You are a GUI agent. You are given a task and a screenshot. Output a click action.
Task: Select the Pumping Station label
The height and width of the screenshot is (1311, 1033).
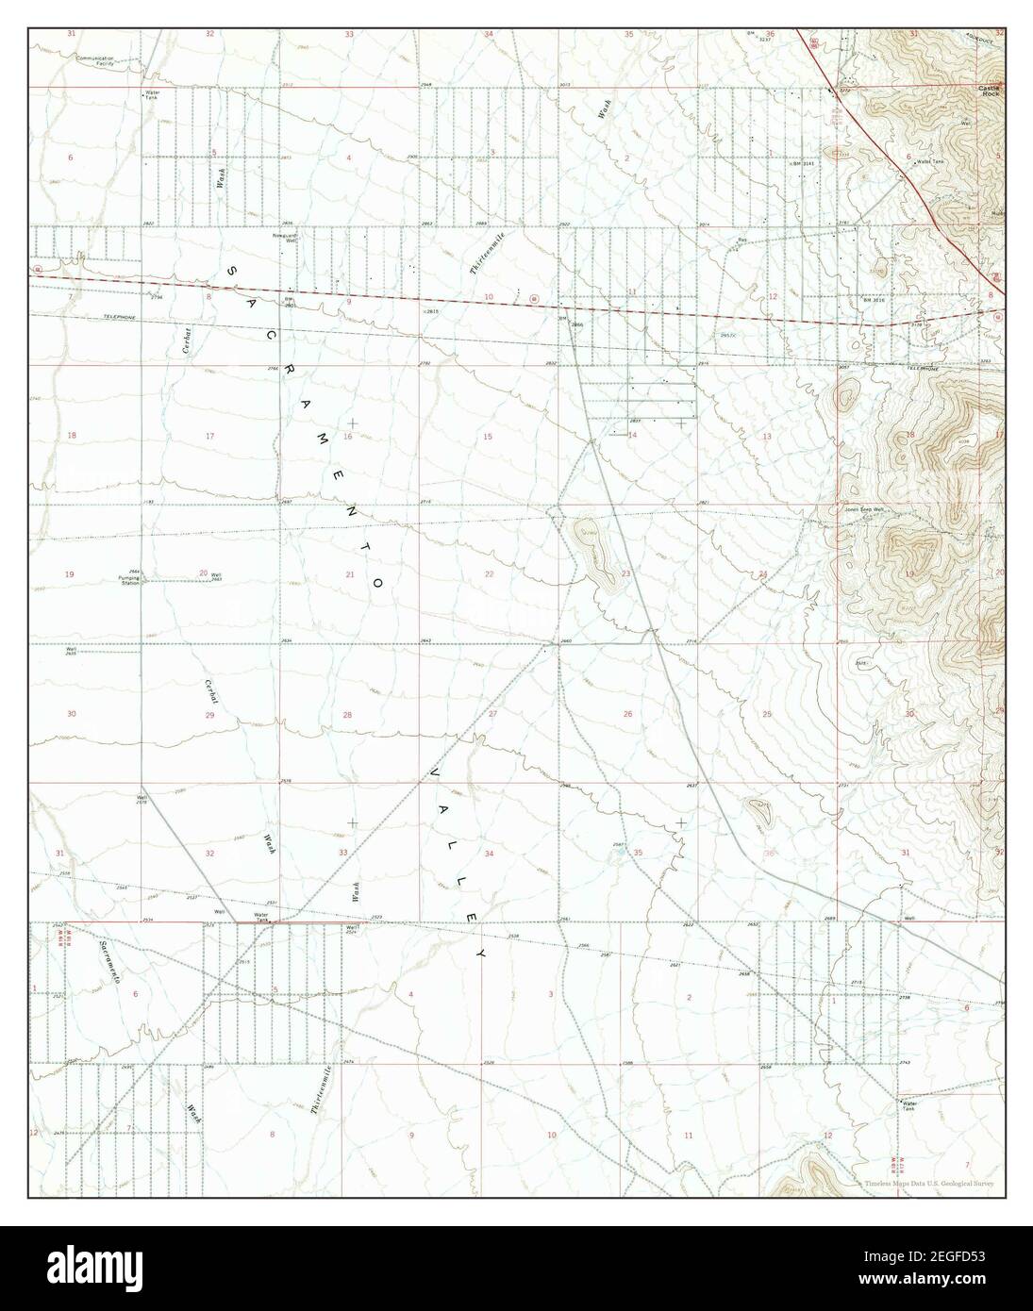pos(128,579)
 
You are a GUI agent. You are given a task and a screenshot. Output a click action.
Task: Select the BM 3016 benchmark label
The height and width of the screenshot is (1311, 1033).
pos(875,300)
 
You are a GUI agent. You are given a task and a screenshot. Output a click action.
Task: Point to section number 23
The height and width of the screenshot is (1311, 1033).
pos(625,573)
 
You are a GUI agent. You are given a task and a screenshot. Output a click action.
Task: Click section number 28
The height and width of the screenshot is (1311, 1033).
pos(347,716)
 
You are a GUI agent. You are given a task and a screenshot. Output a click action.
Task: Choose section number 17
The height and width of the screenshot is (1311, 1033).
pos(209,436)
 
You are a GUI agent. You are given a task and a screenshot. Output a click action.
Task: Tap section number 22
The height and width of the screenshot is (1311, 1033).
pos(489,573)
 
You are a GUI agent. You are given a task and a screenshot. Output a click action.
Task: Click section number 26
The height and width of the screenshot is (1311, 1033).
pos(627,714)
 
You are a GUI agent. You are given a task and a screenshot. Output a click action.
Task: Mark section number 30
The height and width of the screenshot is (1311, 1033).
pos(72,714)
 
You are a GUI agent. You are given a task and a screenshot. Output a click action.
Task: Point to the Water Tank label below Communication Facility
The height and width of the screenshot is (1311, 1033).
pos(150,96)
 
